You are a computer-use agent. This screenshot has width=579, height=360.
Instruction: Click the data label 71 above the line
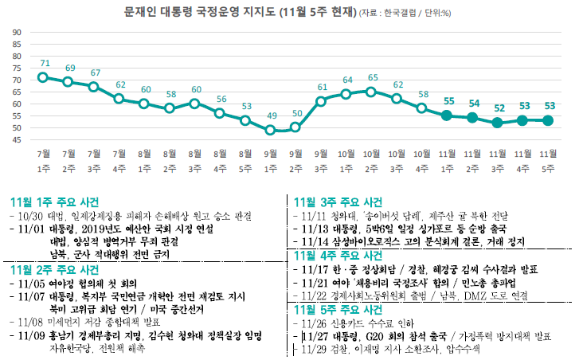(45, 63)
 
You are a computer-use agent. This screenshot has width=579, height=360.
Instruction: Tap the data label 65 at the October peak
(373, 77)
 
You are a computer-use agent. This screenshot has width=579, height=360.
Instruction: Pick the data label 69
(70, 68)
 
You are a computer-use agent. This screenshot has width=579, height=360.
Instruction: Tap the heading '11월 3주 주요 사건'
(338, 202)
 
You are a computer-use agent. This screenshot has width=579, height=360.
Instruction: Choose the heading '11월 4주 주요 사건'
(338, 256)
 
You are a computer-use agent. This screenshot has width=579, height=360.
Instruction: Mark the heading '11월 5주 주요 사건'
(338, 309)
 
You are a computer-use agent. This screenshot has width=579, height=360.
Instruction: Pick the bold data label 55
(448, 101)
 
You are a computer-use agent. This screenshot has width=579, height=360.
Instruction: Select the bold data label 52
(499, 108)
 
